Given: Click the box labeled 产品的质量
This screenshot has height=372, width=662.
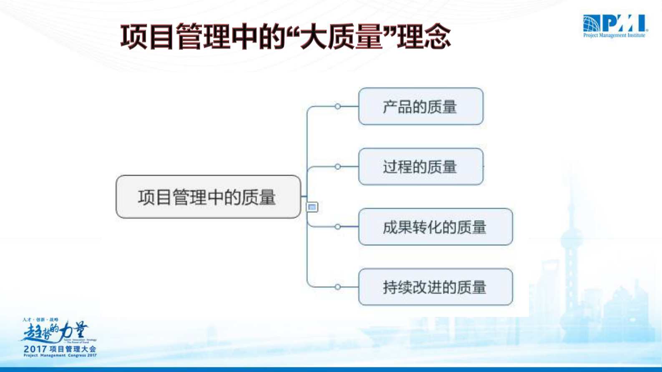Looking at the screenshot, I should (420, 106).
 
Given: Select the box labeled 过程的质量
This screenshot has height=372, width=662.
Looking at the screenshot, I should (420, 167).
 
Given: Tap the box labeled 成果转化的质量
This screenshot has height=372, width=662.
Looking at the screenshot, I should (435, 227).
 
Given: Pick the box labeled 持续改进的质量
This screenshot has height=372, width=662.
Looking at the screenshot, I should (435, 287).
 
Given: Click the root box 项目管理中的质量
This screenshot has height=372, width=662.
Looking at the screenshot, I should (208, 197).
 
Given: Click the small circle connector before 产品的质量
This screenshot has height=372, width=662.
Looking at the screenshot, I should (337, 106).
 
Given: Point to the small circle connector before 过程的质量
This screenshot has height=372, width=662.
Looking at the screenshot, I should (337, 167).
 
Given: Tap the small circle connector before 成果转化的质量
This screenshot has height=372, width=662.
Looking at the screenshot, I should (337, 227).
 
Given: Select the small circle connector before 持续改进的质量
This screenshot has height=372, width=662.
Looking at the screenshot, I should (337, 287).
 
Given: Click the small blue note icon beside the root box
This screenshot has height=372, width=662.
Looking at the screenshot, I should (312, 207).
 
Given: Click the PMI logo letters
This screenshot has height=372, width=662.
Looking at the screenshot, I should (624, 23).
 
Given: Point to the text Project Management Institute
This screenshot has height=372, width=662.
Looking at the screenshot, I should (614, 35).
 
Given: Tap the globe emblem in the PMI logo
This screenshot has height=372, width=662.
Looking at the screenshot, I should (591, 23).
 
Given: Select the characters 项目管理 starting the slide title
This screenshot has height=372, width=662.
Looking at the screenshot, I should (175, 37).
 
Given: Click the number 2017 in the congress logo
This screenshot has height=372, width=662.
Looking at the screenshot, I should (35, 349).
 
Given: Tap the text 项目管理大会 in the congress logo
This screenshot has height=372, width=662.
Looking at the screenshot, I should (73, 349).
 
